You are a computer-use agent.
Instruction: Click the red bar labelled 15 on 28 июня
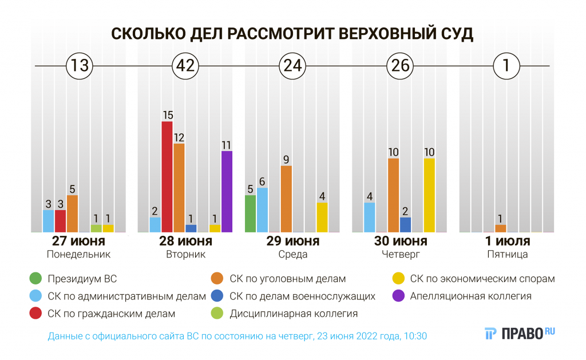(x=167, y=176)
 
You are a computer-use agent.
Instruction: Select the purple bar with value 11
(x=227, y=191)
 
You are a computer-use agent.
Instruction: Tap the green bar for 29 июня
(x=250, y=213)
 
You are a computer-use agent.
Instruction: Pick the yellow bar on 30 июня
(x=429, y=195)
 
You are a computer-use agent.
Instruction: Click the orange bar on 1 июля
(x=500, y=228)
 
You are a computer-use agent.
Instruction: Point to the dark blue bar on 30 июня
(x=405, y=224)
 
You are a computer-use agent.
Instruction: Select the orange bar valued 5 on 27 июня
(x=72, y=213)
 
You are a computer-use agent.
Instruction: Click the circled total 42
(x=185, y=66)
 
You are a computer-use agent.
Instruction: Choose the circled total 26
(x=399, y=66)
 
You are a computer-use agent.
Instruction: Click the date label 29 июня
(x=293, y=241)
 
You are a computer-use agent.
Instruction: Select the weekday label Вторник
(x=185, y=255)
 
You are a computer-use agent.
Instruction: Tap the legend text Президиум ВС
(x=82, y=279)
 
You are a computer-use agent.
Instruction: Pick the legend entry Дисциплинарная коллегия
(x=294, y=314)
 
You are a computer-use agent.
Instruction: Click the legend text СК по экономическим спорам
(x=482, y=279)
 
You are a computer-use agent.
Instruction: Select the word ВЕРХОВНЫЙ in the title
(x=382, y=34)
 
